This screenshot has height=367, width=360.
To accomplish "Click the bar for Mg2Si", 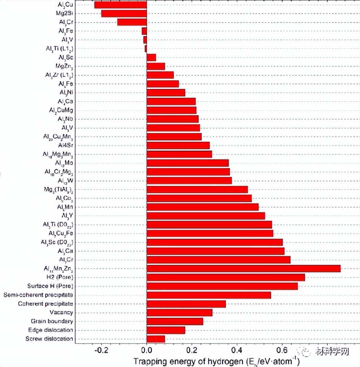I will tap(124, 13).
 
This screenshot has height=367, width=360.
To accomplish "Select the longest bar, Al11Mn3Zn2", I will tap(244, 269).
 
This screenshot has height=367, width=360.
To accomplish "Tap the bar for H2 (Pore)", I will tap(226, 277).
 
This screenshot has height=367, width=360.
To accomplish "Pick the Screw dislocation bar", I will tap(156, 339).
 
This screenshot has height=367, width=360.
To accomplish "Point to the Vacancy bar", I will tap(179, 313).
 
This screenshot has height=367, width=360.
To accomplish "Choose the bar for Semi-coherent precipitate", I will tap(209, 295).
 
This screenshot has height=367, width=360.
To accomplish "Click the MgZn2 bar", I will tap(156, 66).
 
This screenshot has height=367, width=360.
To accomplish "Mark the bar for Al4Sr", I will tap(178, 145).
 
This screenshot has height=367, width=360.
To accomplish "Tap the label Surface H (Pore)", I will tap(50, 286).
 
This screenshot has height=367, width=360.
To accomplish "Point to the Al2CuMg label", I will tap(61, 110).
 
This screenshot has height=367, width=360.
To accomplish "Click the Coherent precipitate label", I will tap(45, 304).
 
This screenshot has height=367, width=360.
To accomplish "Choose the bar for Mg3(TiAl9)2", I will tap(197, 189).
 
